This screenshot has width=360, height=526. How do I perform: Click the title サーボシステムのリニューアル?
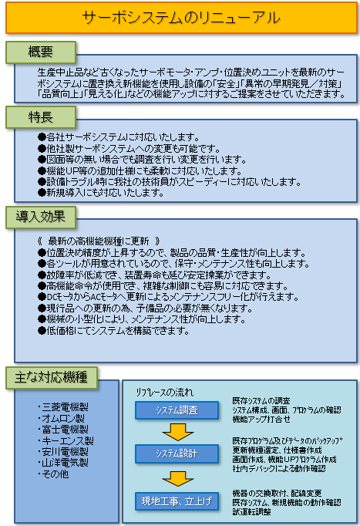click(x=181, y=18)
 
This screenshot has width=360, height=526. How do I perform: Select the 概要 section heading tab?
click(x=41, y=52)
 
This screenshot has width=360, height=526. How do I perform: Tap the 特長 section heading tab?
click(x=41, y=117)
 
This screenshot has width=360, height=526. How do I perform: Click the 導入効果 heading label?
click(x=41, y=217)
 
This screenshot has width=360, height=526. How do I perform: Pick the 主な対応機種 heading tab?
click(x=52, y=377)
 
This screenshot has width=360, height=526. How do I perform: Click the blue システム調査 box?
click(x=177, y=410)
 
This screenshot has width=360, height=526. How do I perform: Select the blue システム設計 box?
click(x=177, y=454)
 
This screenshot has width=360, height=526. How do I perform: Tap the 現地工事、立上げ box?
click(x=177, y=501)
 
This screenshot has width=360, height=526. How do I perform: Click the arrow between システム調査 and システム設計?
click(x=177, y=432)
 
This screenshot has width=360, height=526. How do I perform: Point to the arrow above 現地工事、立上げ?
click(x=177, y=479)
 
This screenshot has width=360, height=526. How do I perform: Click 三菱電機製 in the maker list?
click(x=63, y=407)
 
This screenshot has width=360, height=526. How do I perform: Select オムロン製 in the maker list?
click(x=61, y=418)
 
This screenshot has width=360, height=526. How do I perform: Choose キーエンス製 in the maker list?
click(x=66, y=440)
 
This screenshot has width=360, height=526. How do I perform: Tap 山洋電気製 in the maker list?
click(x=63, y=463)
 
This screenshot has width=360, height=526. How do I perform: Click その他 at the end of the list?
click(x=54, y=474)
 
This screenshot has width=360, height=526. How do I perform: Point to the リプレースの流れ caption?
click(x=164, y=392)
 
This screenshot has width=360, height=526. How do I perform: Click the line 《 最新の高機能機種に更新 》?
click(x=99, y=241)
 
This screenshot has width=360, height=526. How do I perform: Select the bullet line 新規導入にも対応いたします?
click(x=100, y=193)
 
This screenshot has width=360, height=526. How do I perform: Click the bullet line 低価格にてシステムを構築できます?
click(x=113, y=331)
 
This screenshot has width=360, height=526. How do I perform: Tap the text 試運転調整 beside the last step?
click(x=252, y=512)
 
